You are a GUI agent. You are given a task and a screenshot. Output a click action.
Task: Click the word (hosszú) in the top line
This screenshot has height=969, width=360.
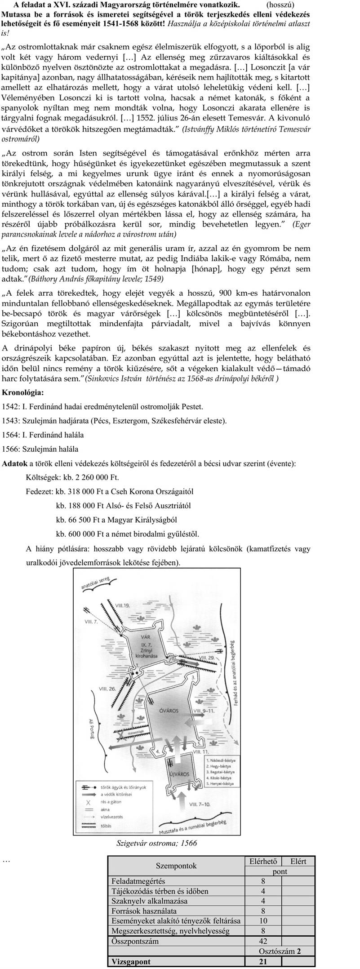tap(280, 5)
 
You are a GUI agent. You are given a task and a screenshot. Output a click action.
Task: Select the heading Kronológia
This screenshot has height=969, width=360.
tap(23, 392)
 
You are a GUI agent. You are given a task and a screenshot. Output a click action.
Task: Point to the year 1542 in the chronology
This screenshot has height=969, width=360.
tap(10, 407)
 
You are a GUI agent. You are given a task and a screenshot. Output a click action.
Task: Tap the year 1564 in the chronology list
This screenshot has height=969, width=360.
tap(10, 435)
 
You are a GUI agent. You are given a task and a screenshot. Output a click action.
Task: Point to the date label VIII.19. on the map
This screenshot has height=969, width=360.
tap(122, 605)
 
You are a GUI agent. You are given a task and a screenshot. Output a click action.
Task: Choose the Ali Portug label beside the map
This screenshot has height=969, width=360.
tap(93, 728)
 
